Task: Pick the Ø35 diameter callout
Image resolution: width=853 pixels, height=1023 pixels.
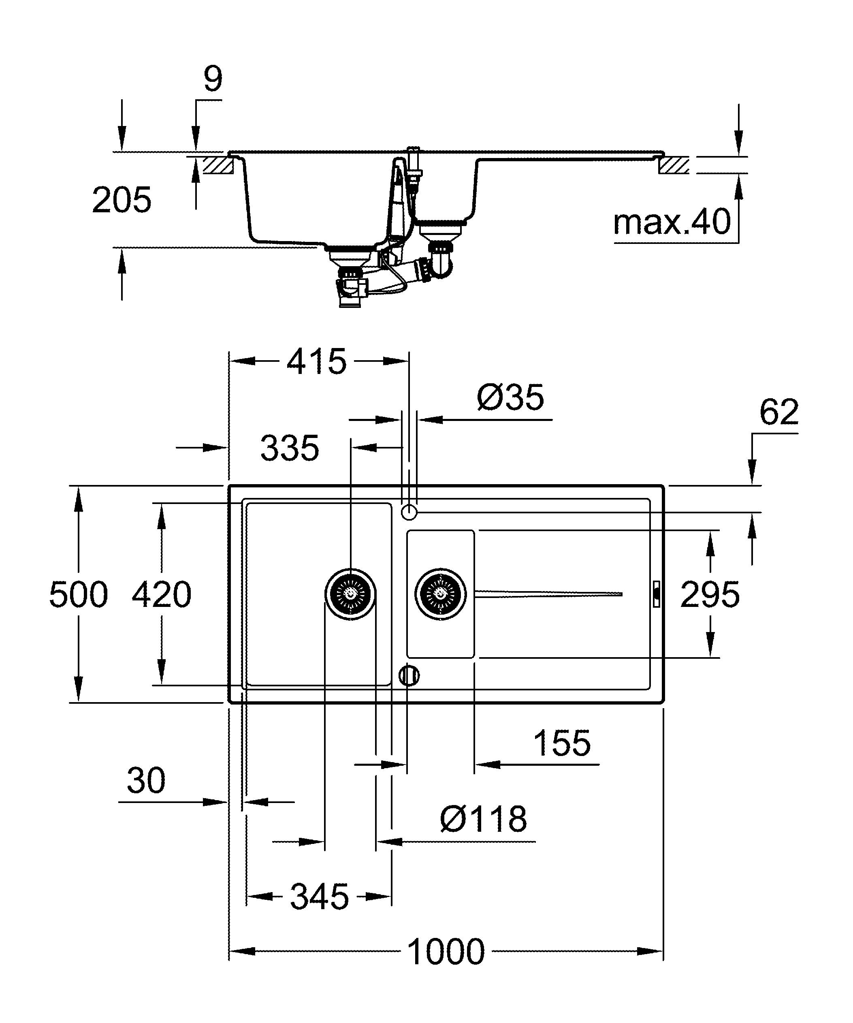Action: [x=510, y=397]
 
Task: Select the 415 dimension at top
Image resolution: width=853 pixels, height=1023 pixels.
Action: [x=316, y=361]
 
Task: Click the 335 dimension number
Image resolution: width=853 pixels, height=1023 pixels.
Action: [x=290, y=448]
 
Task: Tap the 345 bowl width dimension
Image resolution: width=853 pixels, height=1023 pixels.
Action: [x=320, y=896]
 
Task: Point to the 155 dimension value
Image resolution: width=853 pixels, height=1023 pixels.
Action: [x=562, y=743]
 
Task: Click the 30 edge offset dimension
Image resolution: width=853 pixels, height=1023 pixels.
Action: [x=146, y=780]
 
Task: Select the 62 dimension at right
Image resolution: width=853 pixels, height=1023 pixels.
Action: [x=779, y=412]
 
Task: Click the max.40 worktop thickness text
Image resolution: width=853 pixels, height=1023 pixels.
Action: [x=672, y=222]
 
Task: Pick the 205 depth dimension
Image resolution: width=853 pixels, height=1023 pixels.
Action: [x=122, y=200]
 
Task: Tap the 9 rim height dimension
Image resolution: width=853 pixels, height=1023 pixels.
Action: [x=213, y=79]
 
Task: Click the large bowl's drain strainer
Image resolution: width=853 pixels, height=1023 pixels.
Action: [x=350, y=594]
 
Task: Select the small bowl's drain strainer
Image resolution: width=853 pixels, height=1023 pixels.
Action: [x=441, y=594]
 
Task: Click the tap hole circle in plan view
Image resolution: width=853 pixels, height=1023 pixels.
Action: [x=409, y=512]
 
